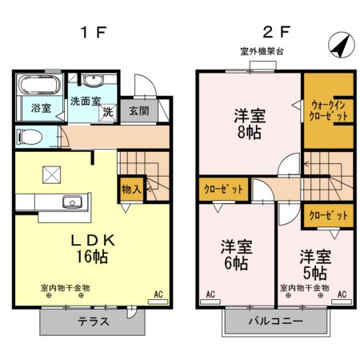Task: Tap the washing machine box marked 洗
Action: pyautogui.click(x=106, y=113)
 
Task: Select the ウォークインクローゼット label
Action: pyautogui.click(x=328, y=110)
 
